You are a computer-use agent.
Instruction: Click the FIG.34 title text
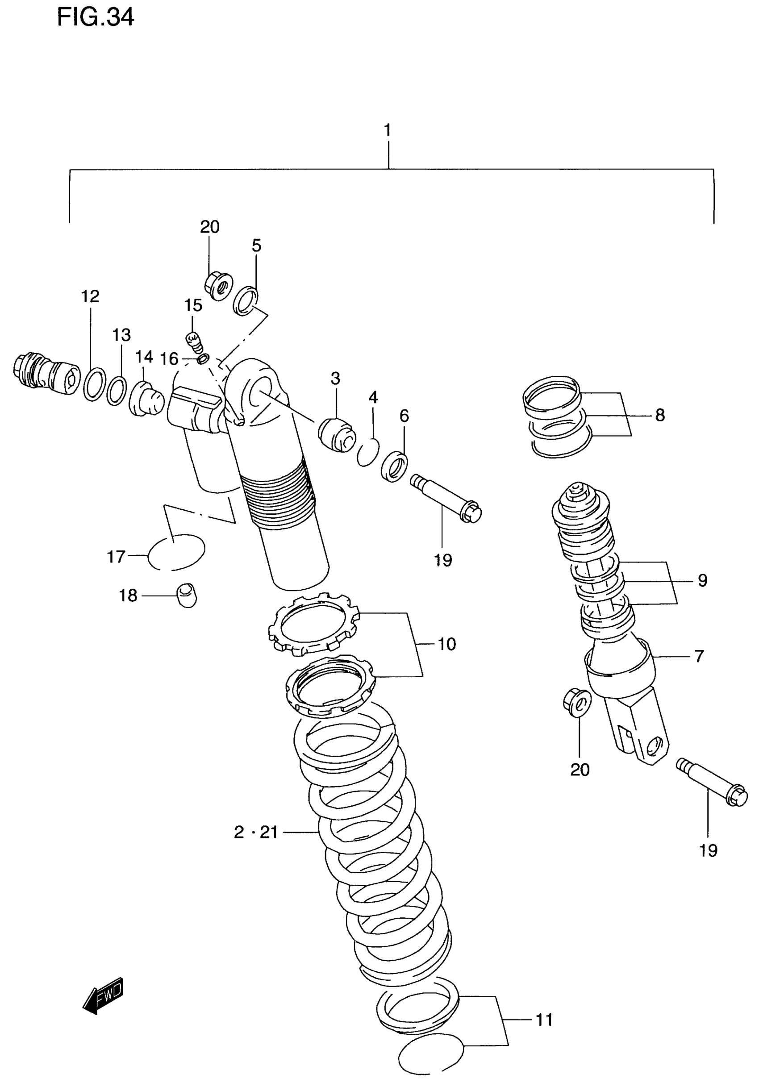(x=95, y=17)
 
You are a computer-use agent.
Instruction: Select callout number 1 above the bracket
(x=388, y=130)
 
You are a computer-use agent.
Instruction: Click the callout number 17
(x=116, y=556)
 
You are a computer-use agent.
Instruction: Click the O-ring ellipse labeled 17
(x=176, y=552)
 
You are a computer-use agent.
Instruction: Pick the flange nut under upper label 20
(x=218, y=285)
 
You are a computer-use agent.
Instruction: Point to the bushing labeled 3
(x=337, y=434)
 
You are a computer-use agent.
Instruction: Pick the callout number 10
(x=446, y=644)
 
